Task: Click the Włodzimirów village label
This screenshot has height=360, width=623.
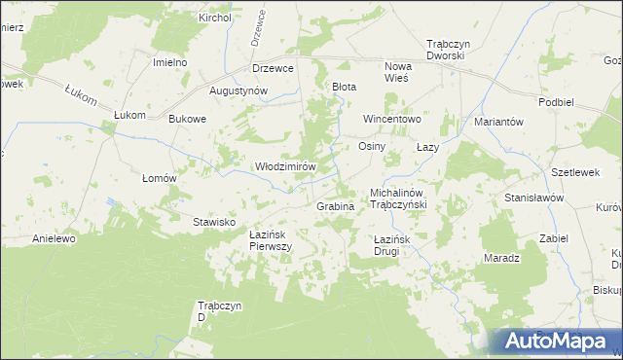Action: [286, 166]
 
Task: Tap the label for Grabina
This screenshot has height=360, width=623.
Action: [334, 206]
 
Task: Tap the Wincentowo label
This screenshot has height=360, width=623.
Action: [391, 119]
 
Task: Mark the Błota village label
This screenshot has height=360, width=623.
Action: [345, 87]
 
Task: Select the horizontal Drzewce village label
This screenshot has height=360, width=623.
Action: [273, 68]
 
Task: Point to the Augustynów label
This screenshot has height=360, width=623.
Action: [238, 90]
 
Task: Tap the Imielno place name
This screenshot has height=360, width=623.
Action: [169, 62]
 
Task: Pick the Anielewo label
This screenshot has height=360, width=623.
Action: [55, 238]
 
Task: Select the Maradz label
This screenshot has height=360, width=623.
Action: [503, 259]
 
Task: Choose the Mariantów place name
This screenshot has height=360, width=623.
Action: [499, 122]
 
